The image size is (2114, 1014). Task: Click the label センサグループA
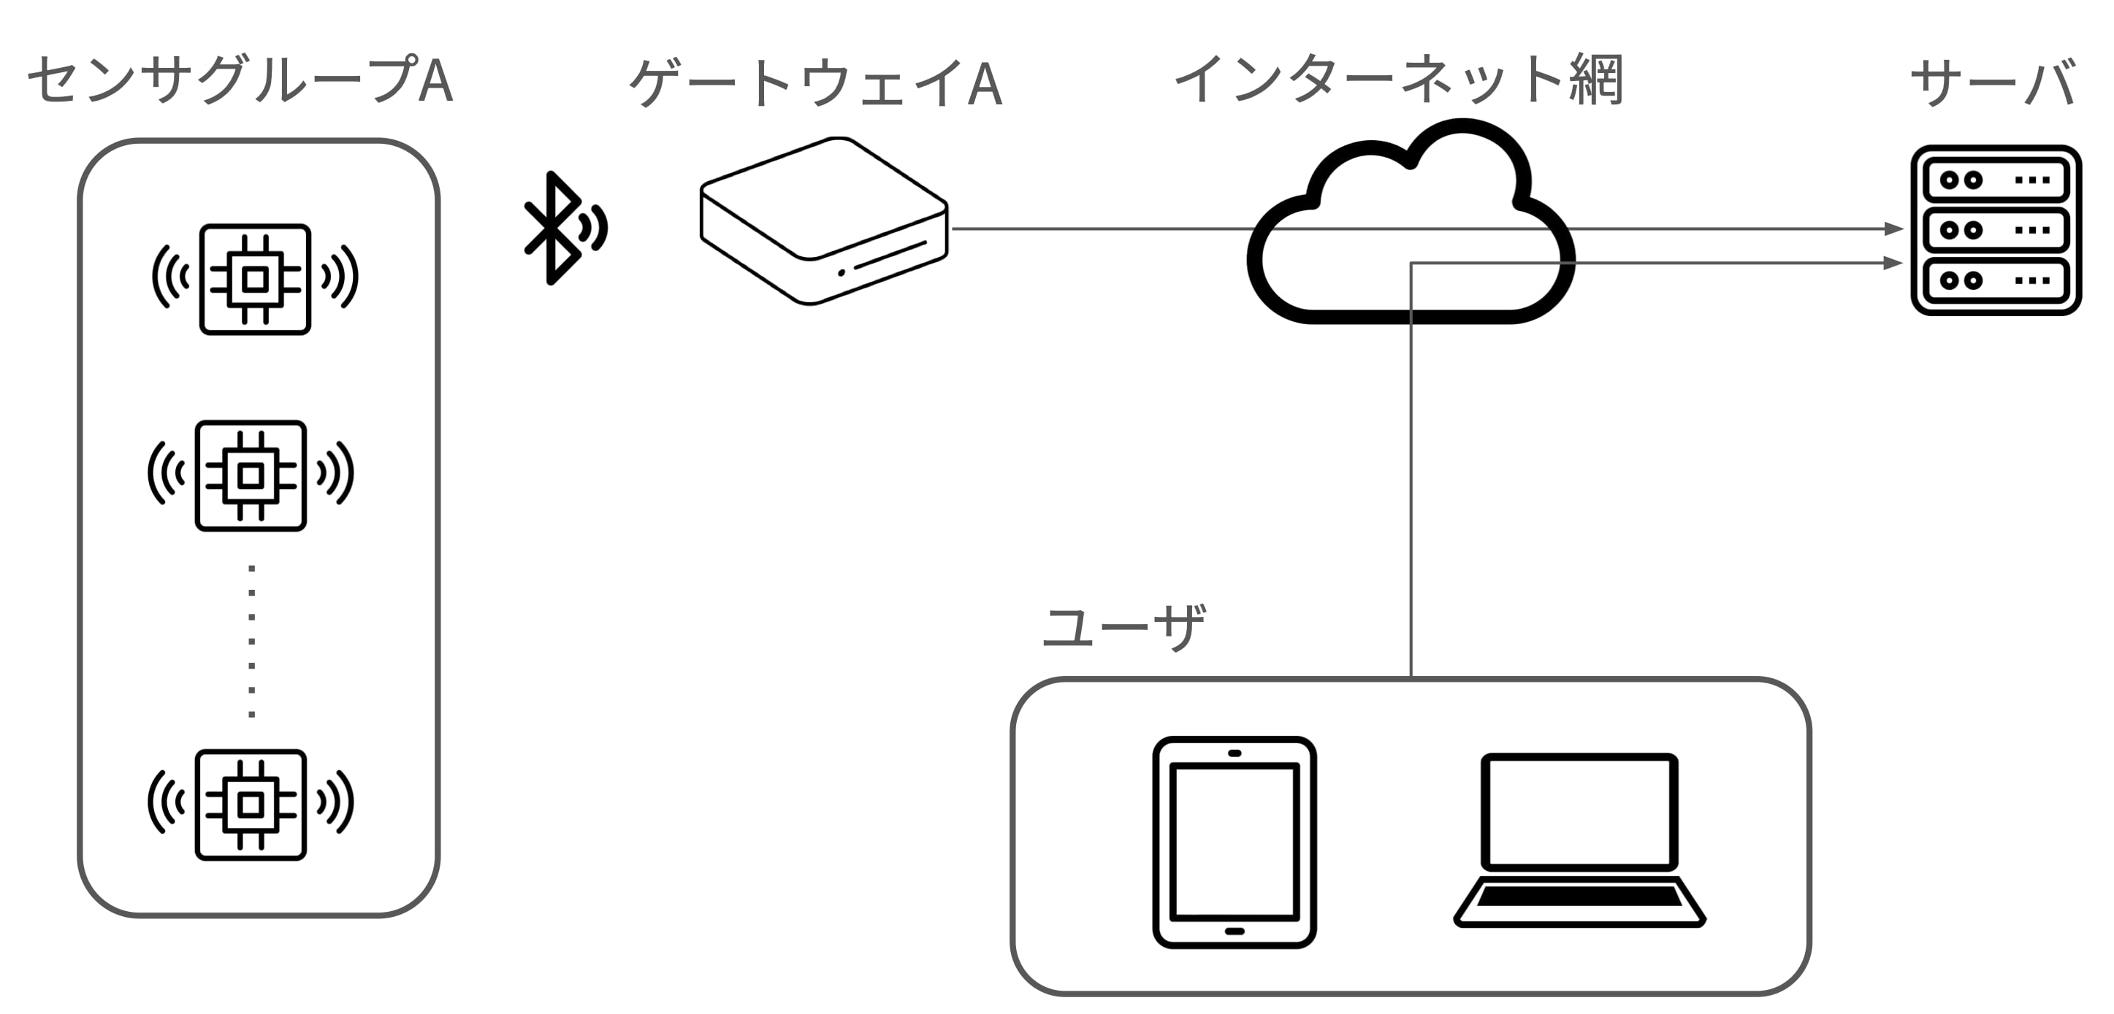(240, 80)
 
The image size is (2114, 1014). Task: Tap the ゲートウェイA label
(815, 83)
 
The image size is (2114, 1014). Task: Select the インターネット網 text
(1398, 80)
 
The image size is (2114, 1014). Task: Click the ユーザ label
(1123, 628)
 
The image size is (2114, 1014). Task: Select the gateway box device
(823, 221)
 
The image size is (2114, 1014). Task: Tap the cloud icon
(1410, 226)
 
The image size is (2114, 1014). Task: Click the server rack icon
(1996, 231)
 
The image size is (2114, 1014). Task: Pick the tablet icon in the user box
(1234, 842)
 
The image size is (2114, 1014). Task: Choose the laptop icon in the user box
(1579, 841)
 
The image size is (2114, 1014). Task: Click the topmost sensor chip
(255, 279)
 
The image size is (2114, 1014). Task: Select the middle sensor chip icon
(251, 476)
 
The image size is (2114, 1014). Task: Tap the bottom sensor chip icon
(251, 804)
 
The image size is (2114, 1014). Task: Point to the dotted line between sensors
(251, 641)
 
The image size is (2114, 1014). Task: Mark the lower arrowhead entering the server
(1893, 264)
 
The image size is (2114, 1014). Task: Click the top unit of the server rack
(1996, 180)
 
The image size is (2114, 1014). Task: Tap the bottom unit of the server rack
(1996, 280)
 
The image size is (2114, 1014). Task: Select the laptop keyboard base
(1579, 901)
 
